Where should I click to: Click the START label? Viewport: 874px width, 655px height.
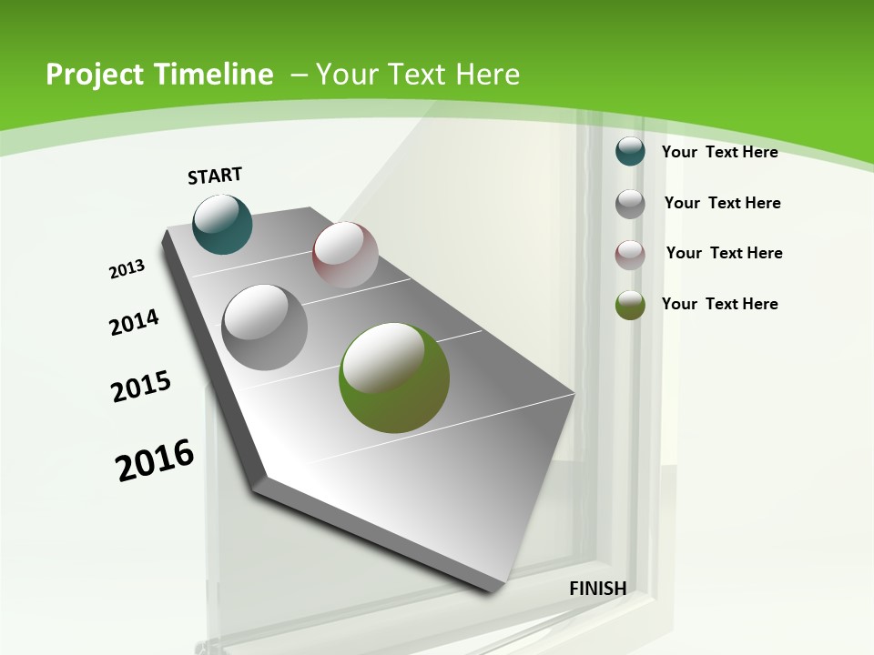point(215,176)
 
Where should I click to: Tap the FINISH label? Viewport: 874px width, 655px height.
point(597,588)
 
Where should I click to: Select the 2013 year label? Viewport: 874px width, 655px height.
point(127,269)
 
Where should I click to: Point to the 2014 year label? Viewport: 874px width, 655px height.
point(134,322)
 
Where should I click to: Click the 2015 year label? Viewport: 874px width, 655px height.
point(141,386)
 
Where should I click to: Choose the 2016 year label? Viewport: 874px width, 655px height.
point(155,459)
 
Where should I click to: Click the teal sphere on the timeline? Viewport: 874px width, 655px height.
point(222,224)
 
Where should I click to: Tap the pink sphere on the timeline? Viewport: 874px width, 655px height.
point(345,255)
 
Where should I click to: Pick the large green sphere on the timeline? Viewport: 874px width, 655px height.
point(394,378)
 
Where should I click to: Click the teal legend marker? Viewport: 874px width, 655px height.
point(630,151)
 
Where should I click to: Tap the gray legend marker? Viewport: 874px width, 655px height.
point(630,203)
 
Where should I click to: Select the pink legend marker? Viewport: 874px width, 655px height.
point(630,254)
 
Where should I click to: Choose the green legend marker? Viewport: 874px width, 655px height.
point(630,305)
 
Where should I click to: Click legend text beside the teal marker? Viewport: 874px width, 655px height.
point(719,152)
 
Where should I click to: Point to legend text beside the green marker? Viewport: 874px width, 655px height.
point(719,304)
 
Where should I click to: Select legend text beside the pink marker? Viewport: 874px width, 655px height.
point(724,253)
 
